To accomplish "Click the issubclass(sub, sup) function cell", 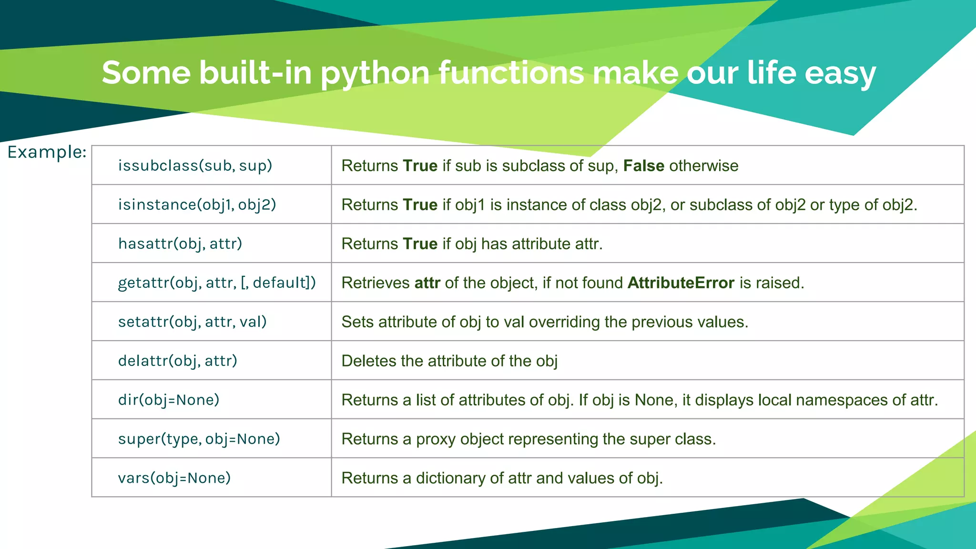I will click(x=195, y=166).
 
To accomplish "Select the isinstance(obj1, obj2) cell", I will click(x=197, y=205).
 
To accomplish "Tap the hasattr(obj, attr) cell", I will click(x=180, y=244).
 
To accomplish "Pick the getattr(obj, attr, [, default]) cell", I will click(x=217, y=283).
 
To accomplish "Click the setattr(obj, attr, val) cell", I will click(x=192, y=322).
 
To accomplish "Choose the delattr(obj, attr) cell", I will click(x=177, y=361).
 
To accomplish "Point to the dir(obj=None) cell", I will click(x=169, y=400).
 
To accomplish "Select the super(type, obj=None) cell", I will click(x=199, y=439).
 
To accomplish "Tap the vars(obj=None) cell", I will click(x=174, y=478).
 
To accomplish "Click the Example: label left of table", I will click(x=47, y=152).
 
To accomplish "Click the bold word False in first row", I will click(x=643, y=166).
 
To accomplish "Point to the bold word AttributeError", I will click(x=681, y=283).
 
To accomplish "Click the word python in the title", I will click(x=375, y=74).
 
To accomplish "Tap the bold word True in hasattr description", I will click(x=420, y=244).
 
